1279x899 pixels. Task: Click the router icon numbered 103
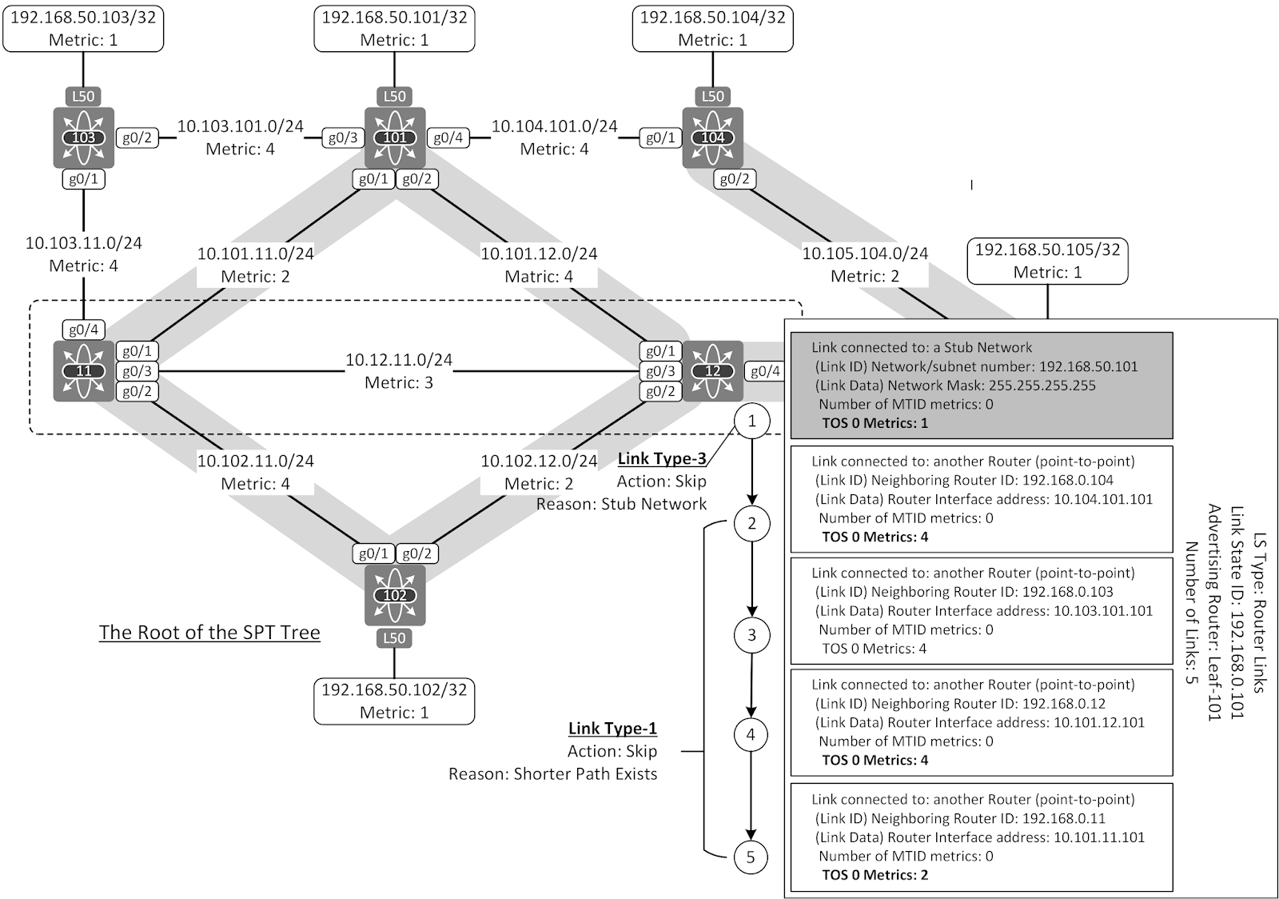[x=83, y=138]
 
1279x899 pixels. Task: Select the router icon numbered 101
[x=395, y=138]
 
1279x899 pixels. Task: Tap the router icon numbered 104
[x=712, y=138]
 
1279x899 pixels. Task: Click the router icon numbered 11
[x=83, y=371]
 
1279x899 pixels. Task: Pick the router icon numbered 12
[x=712, y=371]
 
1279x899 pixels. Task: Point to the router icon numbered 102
[x=395, y=595]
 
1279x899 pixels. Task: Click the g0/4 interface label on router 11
[x=83, y=330]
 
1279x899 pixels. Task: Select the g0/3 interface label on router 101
[x=343, y=138]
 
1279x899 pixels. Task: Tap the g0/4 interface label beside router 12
[x=765, y=371]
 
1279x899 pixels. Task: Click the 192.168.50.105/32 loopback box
[x=1047, y=261]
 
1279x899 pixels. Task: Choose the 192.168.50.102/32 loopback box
[x=394, y=701]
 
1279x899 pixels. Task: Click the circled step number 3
[x=751, y=636]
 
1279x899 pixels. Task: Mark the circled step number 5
[x=750, y=857]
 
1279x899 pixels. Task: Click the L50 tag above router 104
[x=712, y=97]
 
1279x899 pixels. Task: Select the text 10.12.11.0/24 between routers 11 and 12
[x=398, y=360]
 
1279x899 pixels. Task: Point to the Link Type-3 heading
[x=662, y=458]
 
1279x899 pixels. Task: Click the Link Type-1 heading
[x=612, y=728]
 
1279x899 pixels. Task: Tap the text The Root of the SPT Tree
[x=209, y=632]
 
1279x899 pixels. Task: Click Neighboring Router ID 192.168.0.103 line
[x=964, y=592]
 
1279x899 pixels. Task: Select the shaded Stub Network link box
[x=982, y=385]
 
